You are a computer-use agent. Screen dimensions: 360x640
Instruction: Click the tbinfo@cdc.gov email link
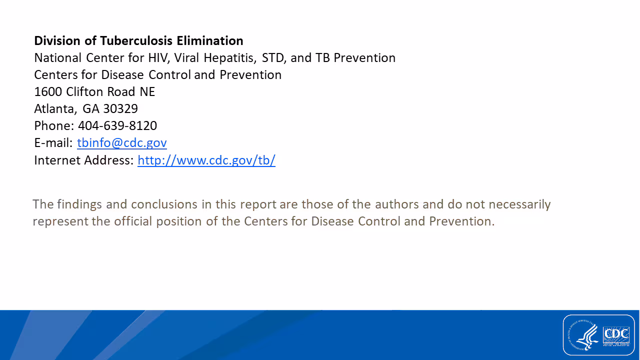[x=121, y=143]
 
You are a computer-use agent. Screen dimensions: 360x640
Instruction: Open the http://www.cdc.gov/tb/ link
[x=206, y=160]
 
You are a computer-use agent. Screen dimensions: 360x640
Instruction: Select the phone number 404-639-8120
[x=117, y=125]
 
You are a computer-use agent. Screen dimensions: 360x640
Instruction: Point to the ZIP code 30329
[x=120, y=108]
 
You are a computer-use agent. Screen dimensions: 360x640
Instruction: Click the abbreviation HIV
[x=159, y=58]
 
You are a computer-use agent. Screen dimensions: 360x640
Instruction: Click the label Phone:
[x=54, y=125]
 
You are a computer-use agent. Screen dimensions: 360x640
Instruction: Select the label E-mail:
[x=53, y=143]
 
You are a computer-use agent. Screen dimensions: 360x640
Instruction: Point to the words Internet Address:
[x=83, y=160]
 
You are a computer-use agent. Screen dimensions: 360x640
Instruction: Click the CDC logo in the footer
[x=616, y=334]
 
